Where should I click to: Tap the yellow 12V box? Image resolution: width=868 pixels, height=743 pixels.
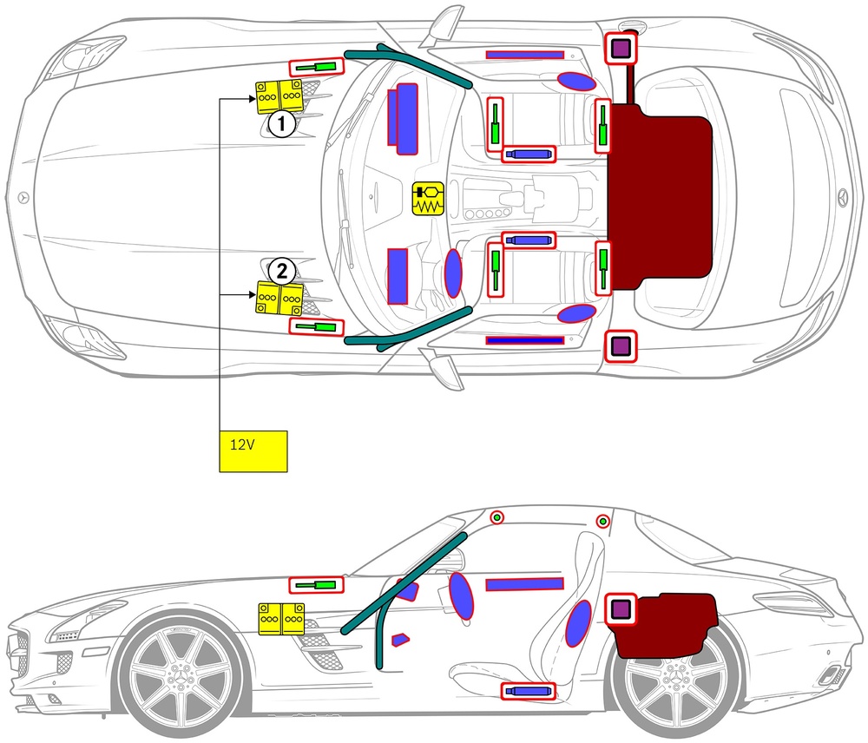tap(253, 450)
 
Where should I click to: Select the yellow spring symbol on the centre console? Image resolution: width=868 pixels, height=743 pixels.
tap(427, 199)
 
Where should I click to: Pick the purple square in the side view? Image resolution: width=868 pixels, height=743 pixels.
tap(620, 609)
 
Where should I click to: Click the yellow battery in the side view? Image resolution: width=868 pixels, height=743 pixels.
tap(281, 618)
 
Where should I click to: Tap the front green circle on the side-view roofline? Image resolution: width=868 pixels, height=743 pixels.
tap(496, 517)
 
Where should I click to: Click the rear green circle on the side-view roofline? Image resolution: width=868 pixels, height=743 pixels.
tap(602, 521)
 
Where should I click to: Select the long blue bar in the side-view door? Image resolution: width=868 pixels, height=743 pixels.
tap(525, 584)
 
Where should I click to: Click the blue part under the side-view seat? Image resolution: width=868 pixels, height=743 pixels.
tap(528, 691)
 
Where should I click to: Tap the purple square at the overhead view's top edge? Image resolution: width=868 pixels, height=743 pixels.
tap(620, 49)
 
